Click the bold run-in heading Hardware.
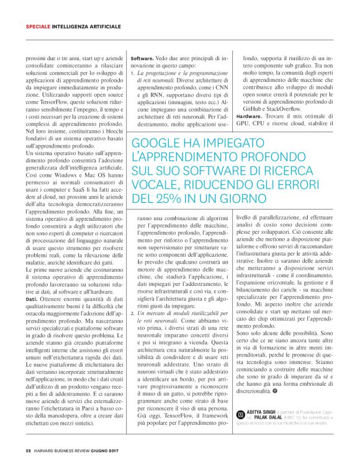(249, 116)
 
